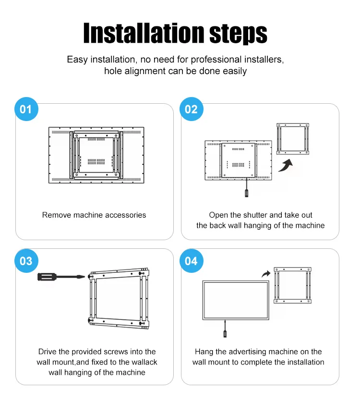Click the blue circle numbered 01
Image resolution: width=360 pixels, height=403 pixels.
pyautogui.click(x=26, y=109)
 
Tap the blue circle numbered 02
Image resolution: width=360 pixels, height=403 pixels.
pyautogui.click(x=192, y=109)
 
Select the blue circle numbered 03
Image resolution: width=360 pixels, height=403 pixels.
pyautogui.click(x=26, y=261)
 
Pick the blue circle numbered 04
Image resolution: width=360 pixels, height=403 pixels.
pyautogui.click(x=192, y=261)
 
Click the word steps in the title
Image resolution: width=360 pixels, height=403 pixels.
pyautogui.click(x=238, y=34)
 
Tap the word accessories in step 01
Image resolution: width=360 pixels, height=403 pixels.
pyautogui.click(x=126, y=215)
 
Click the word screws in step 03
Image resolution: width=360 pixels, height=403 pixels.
pyautogui.click(x=117, y=352)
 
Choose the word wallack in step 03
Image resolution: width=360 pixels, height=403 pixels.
pyautogui.click(x=144, y=362)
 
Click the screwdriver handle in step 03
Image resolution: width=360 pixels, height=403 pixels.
pyautogui.click(x=46, y=277)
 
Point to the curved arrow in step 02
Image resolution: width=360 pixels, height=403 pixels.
pyautogui.click(x=286, y=165)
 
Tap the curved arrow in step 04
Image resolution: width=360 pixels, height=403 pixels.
pyautogui.click(x=266, y=274)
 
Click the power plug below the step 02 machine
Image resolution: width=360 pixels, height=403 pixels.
pyautogui.click(x=247, y=193)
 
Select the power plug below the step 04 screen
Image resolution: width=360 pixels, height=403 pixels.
pyautogui.click(x=225, y=334)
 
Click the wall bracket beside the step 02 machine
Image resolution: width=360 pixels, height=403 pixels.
pyautogui.click(x=293, y=139)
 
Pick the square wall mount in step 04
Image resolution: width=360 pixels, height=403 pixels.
pyautogui.click(x=292, y=285)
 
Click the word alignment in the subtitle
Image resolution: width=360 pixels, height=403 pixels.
pyautogui.click(x=145, y=71)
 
